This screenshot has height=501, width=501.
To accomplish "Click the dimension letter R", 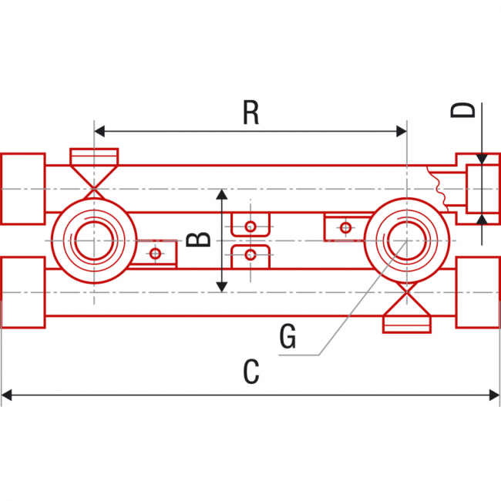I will [250, 113].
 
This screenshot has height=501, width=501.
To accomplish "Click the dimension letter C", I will [250, 372].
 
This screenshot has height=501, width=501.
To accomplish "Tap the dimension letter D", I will [465, 110].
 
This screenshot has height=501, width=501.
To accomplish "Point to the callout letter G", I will [287, 337].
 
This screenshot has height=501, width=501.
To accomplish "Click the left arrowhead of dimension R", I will [99, 131].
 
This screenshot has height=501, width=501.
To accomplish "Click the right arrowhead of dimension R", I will [401, 131].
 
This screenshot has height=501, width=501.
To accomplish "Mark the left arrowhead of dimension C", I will [6, 395].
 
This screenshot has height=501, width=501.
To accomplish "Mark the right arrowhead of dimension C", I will [495, 395].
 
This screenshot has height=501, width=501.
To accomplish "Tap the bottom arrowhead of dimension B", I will [222, 287].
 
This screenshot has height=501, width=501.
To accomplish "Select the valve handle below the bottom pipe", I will [406, 324].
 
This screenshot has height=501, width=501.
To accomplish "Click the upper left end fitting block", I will [22, 189].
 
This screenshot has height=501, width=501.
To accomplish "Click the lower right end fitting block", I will [478, 292].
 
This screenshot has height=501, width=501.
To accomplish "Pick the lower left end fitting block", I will [22, 292].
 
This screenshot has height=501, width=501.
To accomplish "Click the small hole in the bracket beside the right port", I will [345, 227].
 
